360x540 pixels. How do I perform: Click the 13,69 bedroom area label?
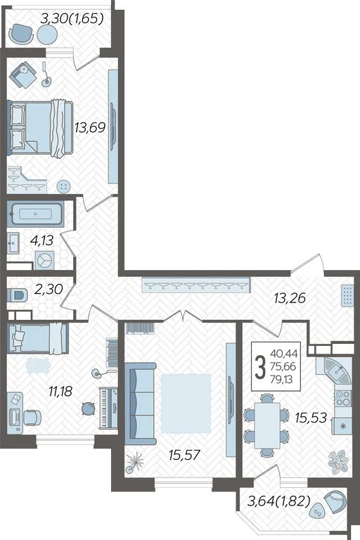point(90,128)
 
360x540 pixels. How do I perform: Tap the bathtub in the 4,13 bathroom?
point(35,214)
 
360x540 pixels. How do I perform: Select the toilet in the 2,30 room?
point(17,295)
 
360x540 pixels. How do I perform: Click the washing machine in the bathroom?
point(44,260)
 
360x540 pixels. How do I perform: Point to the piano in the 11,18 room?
point(108,408)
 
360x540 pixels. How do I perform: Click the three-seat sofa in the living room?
point(140,404)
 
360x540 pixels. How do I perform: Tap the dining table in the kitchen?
point(267,425)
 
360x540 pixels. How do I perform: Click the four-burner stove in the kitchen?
point(343,399)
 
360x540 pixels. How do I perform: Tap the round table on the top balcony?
point(47,34)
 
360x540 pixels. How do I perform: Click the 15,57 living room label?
point(184,456)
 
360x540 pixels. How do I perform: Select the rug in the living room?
point(186,403)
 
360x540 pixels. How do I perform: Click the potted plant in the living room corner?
point(134,462)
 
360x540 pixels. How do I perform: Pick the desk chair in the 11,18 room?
point(32,418)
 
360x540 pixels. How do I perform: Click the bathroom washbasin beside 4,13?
point(13,243)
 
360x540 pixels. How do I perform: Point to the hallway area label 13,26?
point(290,298)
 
